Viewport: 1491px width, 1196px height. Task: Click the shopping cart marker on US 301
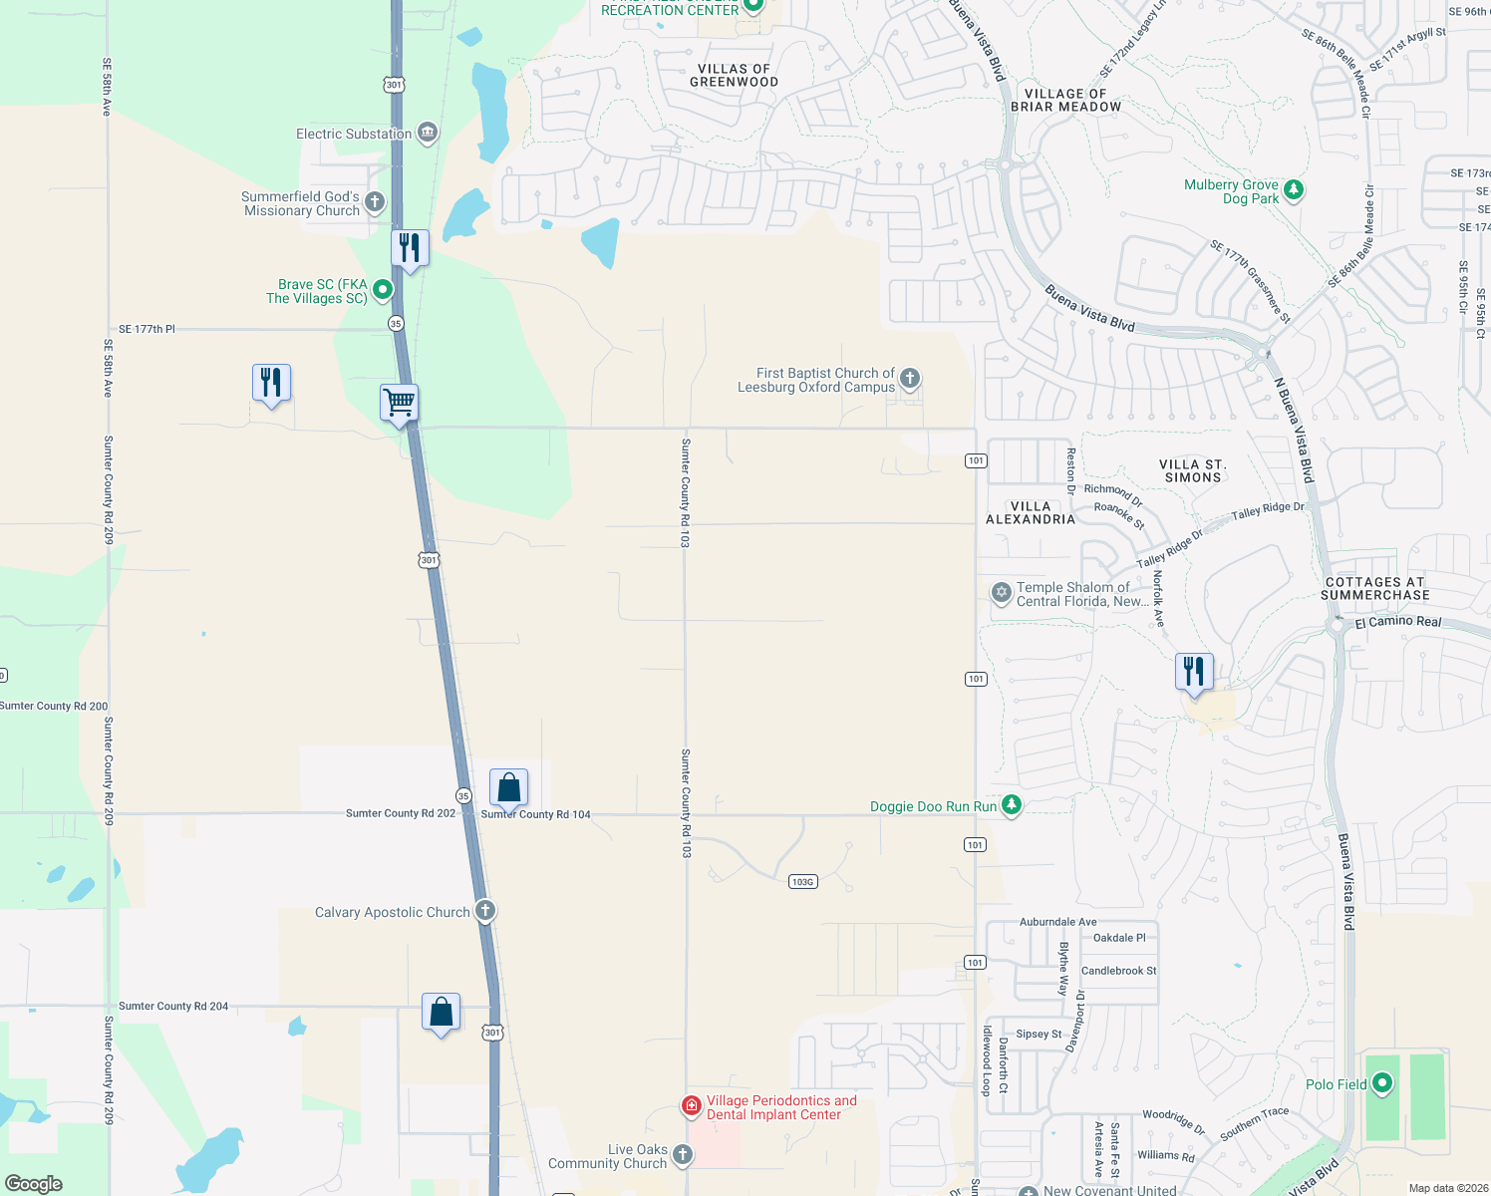[399, 404]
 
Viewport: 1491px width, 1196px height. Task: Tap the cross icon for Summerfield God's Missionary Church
[375, 202]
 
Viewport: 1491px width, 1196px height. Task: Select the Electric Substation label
[354, 134]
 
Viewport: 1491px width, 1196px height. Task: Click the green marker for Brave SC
[382, 290]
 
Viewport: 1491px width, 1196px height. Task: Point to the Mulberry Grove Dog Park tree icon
[1294, 189]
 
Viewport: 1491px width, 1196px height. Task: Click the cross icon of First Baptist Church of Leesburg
[910, 379]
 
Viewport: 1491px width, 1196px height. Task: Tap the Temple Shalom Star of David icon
[1002, 593]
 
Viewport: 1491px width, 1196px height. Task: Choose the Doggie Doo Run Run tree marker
[1012, 804]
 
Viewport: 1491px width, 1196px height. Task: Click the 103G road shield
[802, 881]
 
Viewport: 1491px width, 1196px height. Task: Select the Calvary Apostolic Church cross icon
[485, 911]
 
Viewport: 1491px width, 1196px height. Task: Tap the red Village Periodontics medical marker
[691, 1105]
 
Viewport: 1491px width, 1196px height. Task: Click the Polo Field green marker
[1382, 1082]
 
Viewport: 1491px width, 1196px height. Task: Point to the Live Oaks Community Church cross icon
[682, 1154]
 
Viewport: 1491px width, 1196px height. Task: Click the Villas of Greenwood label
[735, 76]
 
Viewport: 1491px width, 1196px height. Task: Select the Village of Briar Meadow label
[1065, 100]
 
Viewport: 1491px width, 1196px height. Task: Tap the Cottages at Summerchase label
[1374, 588]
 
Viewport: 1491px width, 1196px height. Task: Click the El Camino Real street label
[1398, 622]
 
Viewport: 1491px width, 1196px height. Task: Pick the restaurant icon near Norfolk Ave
[1194, 672]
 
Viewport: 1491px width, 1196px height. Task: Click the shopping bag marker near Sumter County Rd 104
[508, 788]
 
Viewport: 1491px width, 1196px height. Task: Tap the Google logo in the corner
[34, 1183]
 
